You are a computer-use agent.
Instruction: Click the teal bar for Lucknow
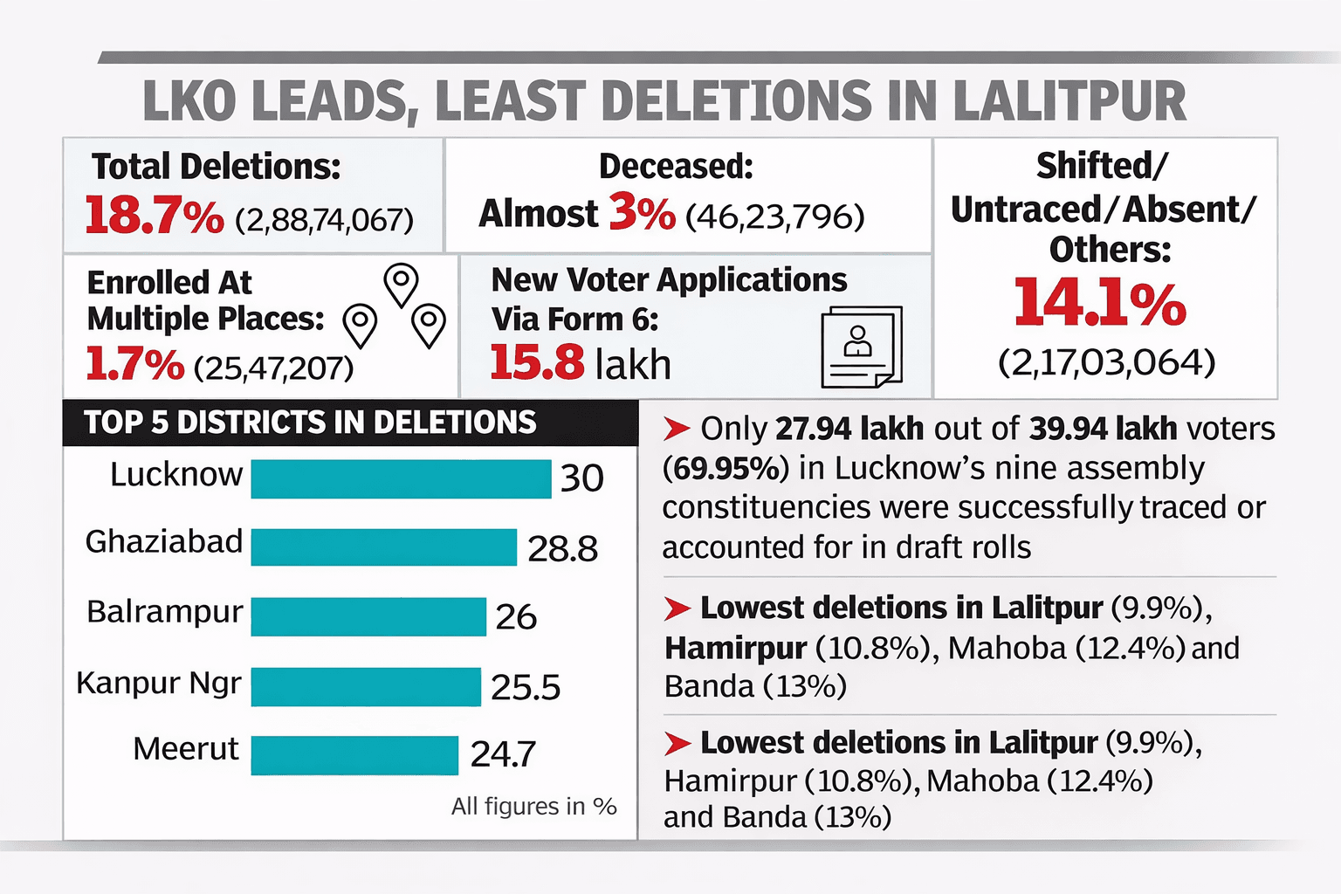pos(401,479)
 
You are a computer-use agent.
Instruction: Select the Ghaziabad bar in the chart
pos(383,547)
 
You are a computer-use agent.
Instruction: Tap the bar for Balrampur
pos(368,616)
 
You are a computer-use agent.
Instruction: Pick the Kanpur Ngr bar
pos(366,686)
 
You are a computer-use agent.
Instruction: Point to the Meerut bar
pos(354,755)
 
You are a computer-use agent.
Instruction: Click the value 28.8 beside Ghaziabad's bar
pos(563,549)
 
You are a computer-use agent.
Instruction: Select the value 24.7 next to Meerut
pos(503,754)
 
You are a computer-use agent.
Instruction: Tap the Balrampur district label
pos(164,612)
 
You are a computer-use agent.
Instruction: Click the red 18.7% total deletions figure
pos(155,216)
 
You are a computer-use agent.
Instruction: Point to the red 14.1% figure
pos(1100,303)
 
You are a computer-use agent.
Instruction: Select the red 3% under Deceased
pos(642,212)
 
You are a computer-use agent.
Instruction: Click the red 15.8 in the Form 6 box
pos(536,362)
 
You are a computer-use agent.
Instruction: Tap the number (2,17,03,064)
pos(1106,362)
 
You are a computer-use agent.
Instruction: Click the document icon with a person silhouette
pos(861,347)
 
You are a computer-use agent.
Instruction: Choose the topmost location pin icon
pos(401,284)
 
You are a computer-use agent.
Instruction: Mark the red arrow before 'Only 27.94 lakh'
pos(677,430)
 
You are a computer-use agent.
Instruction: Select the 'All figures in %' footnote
pos(533,807)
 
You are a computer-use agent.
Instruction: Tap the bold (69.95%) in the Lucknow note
pos(726,469)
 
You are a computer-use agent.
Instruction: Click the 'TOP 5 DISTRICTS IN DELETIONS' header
pos(310,423)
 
